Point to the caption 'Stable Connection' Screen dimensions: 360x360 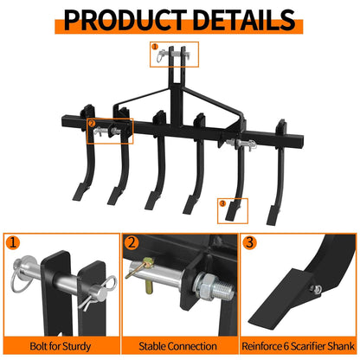coord(179,346)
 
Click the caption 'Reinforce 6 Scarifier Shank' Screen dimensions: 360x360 coord(299,346)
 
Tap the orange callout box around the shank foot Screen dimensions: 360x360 coord(232,209)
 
